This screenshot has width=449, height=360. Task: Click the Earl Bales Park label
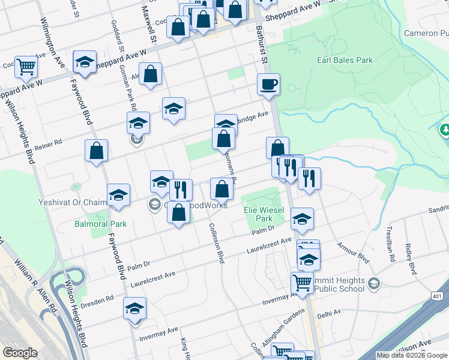point(345,60)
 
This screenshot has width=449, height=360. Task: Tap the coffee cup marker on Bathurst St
point(268,84)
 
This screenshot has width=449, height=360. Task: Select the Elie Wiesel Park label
point(259,214)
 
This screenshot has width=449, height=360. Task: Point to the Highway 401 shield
point(437,297)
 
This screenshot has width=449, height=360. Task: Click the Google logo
point(20,353)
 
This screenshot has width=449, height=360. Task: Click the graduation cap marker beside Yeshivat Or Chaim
point(118,194)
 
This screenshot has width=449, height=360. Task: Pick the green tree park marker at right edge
point(445,129)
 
